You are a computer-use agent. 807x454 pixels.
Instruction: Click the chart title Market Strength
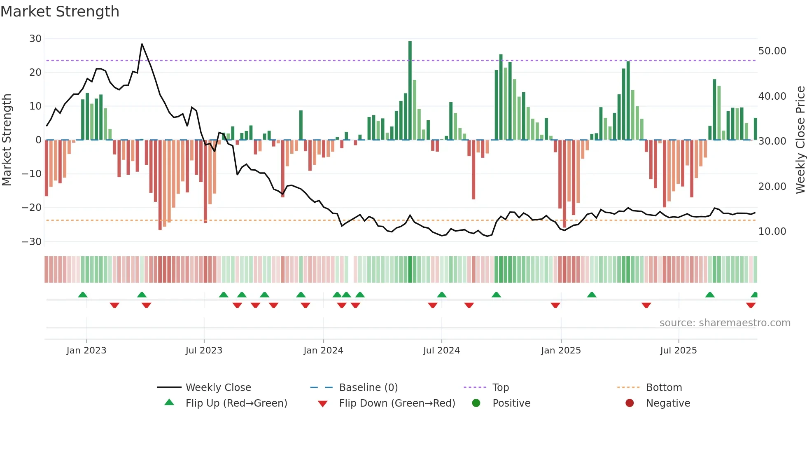tap(60, 12)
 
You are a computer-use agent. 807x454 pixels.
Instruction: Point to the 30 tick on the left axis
tap(35, 39)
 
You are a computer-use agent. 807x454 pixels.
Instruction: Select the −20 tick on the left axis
tap(32, 208)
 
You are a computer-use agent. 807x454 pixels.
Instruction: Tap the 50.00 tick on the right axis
tap(772, 51)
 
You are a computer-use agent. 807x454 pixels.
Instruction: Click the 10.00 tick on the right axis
tap(772, 232)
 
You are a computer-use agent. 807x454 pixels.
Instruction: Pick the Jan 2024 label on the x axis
tap(323, 351)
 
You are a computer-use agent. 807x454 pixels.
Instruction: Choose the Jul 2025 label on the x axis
tap(678, 351)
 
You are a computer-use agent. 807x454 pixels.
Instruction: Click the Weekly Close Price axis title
tap(800, 140)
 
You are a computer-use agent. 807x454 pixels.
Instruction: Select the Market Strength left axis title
tap(7, 140)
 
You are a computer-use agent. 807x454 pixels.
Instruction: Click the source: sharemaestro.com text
tap(725, 323)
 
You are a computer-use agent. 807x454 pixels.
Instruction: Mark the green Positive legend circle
tap(476, 403)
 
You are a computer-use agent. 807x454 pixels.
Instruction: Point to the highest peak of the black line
tap(142, 44)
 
